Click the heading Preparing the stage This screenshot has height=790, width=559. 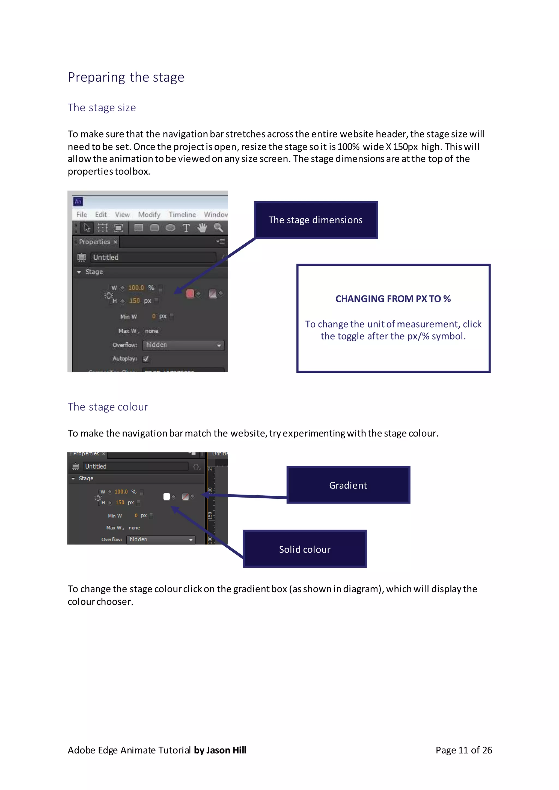[x=126, y=77]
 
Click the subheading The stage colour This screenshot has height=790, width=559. [x=108, y=407]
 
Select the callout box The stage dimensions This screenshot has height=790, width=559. [x=316, y=220]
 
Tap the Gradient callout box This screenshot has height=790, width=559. [x=348, y=485]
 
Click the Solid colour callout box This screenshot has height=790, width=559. [x=305, y=549]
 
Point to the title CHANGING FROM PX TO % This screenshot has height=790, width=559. [x=393, y=299]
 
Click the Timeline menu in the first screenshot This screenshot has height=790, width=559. [x=182, y=214]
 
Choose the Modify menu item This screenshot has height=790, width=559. [x=149, y=214]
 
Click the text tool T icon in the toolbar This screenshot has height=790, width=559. [x=186, y=228]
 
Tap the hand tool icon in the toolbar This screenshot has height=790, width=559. [x=202, y=228]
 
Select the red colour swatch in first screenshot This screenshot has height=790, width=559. [x=190, y=294]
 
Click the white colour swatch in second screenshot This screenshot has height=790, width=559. [x=166, y=496]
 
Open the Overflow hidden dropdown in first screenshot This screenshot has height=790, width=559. [x=183, y=345]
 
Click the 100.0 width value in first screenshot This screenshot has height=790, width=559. [x=136, y=288]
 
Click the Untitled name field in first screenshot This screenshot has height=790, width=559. [x=153, y=257]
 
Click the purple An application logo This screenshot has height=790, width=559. [x=78, y=202]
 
